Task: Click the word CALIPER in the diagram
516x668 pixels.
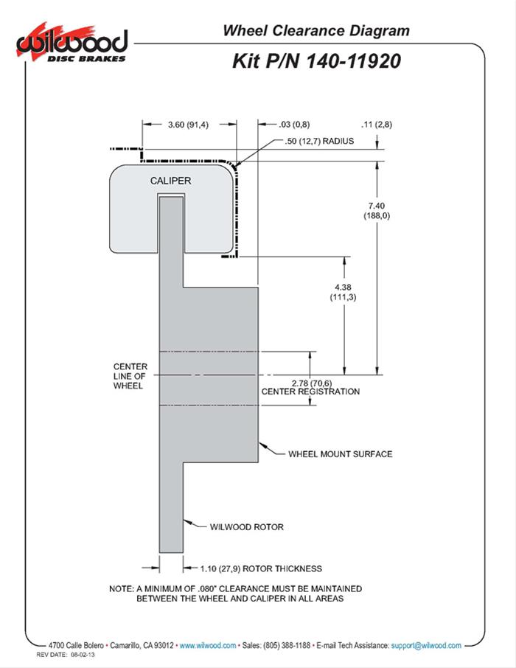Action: tap(171, 181)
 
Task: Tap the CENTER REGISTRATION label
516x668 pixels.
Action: tap(310, 392)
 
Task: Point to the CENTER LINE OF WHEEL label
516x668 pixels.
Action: tap(130, 376)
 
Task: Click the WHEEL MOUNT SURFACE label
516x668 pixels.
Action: tap(340, 453)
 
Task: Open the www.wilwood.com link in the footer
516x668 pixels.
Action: tap(207, 645)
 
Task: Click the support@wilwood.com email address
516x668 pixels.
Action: tap(427, 645)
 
